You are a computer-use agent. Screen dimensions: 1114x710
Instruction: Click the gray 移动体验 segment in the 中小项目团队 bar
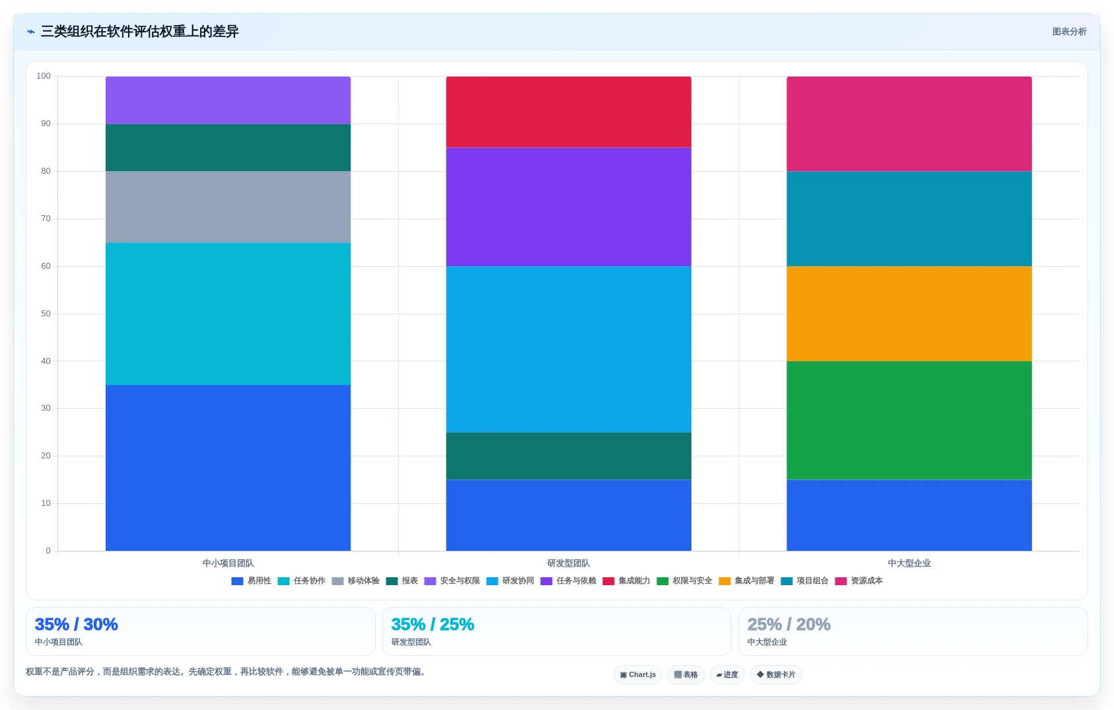[228, 207]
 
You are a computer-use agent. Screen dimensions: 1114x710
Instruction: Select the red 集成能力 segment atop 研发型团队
[569, 112]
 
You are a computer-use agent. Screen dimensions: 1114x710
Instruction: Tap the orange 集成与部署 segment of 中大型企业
[909, 314]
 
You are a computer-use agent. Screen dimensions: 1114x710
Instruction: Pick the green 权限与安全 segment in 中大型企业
[909, 421]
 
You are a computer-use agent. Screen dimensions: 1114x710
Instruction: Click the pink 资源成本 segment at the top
[909, 124]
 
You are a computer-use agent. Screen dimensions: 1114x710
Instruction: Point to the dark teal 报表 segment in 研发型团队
[569, 456]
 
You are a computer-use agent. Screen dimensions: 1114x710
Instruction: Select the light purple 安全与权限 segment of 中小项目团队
[228, 100]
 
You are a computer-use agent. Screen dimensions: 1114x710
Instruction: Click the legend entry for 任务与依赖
[568, 581]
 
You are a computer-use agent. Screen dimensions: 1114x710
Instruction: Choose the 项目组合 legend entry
[805, 581]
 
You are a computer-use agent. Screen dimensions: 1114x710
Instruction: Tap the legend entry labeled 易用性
[251, 581]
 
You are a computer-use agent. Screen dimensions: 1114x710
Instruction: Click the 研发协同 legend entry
[510, 581]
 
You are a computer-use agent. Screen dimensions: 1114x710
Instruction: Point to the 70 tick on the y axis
[46, 219]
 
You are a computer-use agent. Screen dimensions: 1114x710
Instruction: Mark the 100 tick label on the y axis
[44, 76]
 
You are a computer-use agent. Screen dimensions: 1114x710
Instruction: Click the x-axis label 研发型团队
[569, 563]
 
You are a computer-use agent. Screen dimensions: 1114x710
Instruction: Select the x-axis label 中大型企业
[909, 563]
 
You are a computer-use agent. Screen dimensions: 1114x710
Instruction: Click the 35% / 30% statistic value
[76, 624]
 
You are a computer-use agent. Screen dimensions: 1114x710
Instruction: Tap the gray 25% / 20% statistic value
[788, 624]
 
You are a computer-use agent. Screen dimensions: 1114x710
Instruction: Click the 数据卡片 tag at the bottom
[776, 675]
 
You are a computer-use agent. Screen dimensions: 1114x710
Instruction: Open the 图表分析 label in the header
[1069, 31]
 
